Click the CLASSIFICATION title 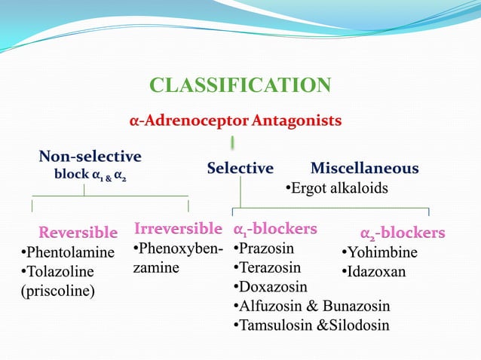(x=240, y=85)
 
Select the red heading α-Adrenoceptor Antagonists (x=235, y=121)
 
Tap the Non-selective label (x=90, y=157)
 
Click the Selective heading (x=240, y=168)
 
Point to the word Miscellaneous (x=364, y=168)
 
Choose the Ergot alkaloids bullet (x=336, y=188)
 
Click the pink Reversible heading (x=78, y=232)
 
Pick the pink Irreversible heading (x=178, y=227)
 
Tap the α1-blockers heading (x=275, y=228)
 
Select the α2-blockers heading (x=402, y=233)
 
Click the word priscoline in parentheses (x=57, y=291)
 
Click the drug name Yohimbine (x=382, y=252)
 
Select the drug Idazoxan (x=376, y=271)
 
